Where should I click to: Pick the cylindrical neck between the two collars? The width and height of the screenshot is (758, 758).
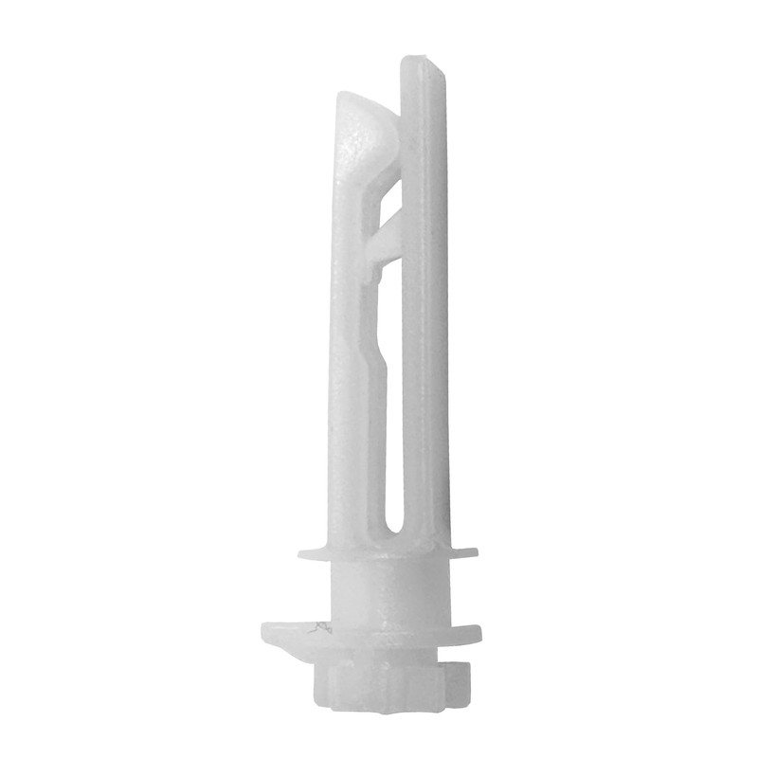pos(388,592)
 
